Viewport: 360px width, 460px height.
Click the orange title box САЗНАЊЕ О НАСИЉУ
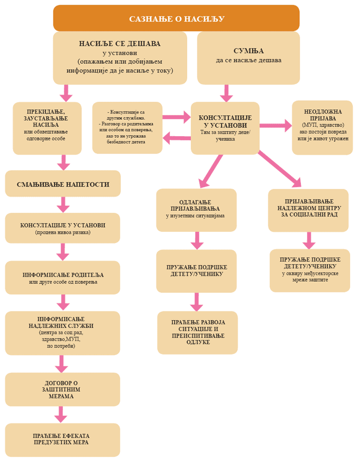point(176,19)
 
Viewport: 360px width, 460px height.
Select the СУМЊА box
point(248,57)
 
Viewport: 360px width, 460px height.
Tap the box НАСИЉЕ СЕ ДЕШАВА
point(120,57)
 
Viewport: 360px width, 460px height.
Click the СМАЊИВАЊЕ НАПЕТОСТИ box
point(63,184)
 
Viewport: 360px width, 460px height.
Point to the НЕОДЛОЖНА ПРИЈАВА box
point(322,127)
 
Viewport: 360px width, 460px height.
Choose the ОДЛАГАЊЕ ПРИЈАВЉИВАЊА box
point(196,210)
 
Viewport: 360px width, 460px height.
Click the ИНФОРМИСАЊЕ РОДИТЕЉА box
point(63,278)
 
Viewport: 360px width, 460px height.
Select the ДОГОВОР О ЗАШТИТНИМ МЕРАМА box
point(63,389)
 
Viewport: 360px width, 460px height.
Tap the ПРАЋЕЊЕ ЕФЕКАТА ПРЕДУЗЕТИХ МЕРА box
point(63,439)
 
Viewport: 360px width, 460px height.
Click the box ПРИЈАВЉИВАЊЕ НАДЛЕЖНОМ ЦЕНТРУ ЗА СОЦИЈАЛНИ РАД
point(308,210)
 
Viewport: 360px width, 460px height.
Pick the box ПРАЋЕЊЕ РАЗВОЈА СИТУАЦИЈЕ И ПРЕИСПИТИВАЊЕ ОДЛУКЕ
point(197,332)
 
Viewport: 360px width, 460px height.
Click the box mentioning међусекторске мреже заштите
point(310,270)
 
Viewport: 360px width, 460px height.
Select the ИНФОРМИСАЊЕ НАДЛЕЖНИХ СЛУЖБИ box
point(63,333)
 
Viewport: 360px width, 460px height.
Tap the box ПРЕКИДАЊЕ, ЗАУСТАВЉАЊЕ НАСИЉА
point(47,128)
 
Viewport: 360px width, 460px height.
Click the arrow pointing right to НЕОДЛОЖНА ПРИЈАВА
point(275,125)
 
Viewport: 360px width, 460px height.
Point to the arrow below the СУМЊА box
point(226,93)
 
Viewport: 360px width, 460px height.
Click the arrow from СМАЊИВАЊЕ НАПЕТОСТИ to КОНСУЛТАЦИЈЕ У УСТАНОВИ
point(63,205)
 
